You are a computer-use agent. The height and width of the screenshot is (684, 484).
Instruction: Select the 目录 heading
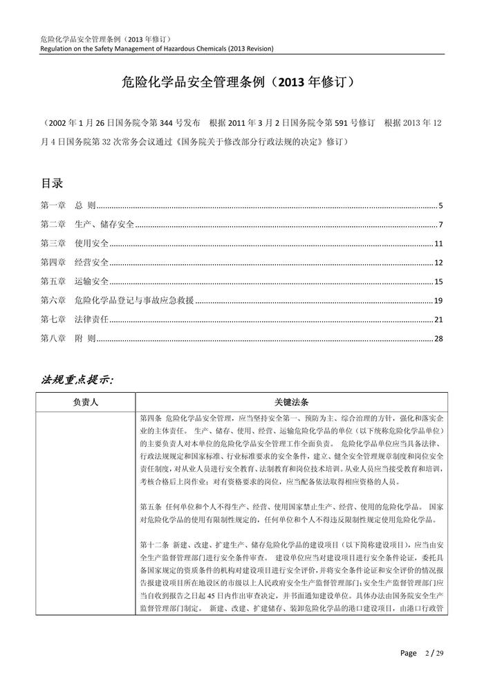(x=53, y=183)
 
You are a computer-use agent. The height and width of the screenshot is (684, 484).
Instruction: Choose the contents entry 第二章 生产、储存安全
(x=87, y=225)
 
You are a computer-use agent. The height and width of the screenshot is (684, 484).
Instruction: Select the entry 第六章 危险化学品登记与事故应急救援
(x=118, y=300)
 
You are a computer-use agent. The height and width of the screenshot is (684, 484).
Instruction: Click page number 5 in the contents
(x=440, y=206)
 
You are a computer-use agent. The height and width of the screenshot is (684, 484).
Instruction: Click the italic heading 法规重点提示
(x=78, y=380)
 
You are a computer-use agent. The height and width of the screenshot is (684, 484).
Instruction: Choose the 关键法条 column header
(x=290, y=401)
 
